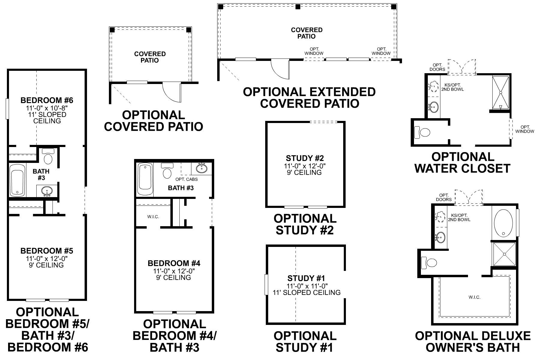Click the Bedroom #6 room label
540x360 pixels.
pos(47,100)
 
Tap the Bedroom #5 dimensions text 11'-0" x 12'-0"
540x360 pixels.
pos(47,258)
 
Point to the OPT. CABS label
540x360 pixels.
pos(186,179)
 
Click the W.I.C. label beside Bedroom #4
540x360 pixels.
pos(153,217)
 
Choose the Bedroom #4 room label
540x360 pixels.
pos(174,263)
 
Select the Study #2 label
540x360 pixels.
pos(305,158)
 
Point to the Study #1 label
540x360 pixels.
pos(306,278)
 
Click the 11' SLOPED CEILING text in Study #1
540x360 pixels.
pos(307,292)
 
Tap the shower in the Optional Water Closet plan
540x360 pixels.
pos(500,92)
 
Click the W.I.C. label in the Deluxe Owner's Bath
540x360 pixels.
pos(475,297)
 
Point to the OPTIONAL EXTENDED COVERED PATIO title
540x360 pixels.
pos(309,97)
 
